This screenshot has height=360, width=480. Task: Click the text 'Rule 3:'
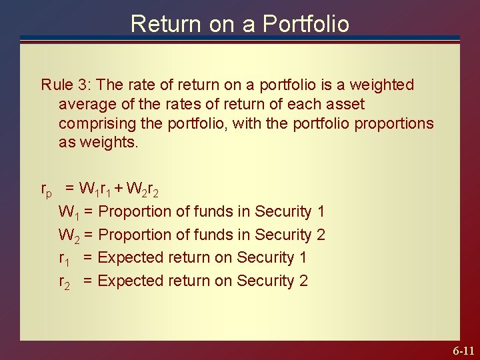point(66,85)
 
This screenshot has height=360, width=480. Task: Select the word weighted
point(381,85)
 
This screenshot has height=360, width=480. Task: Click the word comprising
point(94,124)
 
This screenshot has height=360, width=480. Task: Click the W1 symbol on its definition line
point(69,213)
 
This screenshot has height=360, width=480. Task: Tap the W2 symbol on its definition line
point(69,235)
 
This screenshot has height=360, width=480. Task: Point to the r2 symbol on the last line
point(65,282)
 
